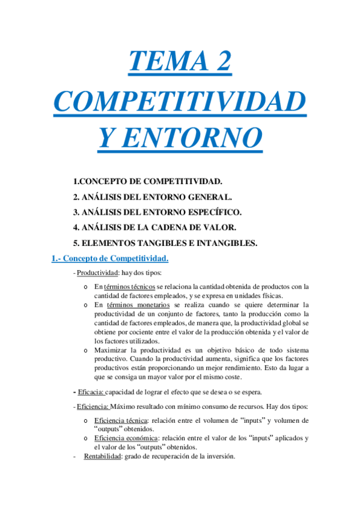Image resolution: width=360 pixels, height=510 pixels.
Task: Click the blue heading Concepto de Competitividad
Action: (109, 259)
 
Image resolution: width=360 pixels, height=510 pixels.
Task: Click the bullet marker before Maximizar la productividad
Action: (88, 349)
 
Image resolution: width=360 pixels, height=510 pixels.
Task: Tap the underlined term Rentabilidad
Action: (102, 456)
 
